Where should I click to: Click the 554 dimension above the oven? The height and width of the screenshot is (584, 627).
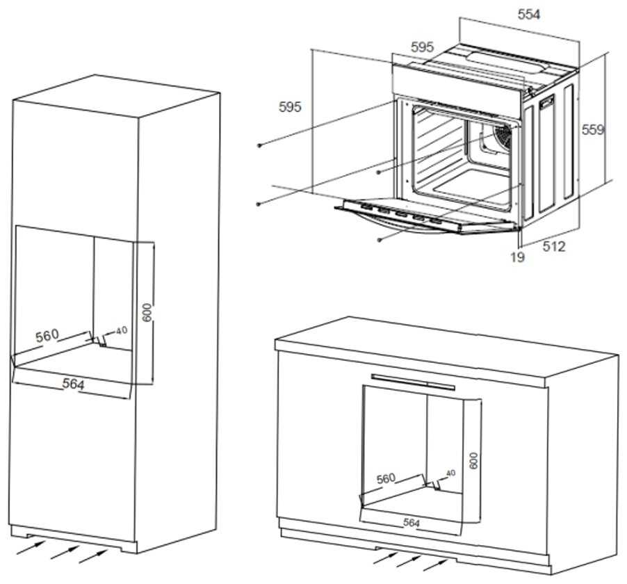tap(528, 14)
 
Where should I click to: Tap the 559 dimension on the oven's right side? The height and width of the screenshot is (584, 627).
tap(593, 129)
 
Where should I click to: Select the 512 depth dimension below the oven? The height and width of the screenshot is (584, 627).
tap(553, 246)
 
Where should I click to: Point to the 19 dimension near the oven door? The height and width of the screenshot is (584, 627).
tap(517, 257)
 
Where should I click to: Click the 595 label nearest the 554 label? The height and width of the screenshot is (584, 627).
tap(422, 47)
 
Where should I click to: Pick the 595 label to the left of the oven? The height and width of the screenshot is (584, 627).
tap(290, 107)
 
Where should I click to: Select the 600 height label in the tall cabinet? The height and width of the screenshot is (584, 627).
tap(147, 312)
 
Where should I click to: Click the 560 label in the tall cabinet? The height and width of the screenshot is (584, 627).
tap(47, 336)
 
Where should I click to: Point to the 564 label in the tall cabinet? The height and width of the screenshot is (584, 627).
tap(73, 384)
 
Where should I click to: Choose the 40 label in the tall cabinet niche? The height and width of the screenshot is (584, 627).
tap(122, 330)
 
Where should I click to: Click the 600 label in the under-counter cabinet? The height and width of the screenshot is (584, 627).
tap(473, 461)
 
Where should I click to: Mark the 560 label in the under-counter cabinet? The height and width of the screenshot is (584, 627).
tap(386, 478)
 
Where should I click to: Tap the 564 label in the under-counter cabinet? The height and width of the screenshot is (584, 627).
tap(412, 523)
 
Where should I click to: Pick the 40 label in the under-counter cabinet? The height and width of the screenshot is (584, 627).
tap(450, 473)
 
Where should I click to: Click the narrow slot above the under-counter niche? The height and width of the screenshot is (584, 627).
tap(413, 381)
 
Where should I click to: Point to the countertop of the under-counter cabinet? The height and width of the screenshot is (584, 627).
tap(445, 344)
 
